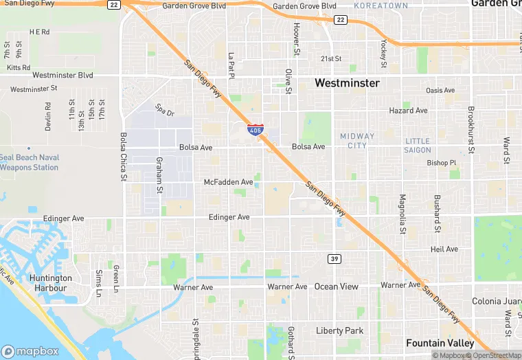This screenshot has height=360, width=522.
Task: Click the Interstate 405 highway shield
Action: click(x=255, y=128)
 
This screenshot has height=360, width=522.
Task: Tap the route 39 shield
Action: click(x=333, y=258)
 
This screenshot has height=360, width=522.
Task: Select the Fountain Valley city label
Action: click(x=440, y=343)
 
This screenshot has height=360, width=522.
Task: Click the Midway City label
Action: click(x=357, y=140)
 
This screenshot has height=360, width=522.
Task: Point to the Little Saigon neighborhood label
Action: click(x=418, y=145)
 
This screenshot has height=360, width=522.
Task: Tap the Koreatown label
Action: click(x=381, y=5)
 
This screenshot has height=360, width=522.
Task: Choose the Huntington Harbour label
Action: click(x=51, y=282)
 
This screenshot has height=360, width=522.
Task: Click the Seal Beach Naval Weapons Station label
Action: click(x=29, y=162)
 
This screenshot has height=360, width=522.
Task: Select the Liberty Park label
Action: click(x=339, y=330)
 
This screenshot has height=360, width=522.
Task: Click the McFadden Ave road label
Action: click(x=229, y=182)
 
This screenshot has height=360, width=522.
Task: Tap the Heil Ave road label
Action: click(x=444, y=249)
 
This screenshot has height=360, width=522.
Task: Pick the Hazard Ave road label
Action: click(x=408, y=111)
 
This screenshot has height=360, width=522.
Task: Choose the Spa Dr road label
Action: click(x=165, y=110)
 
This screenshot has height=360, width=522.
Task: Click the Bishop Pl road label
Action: click(x=441, y=163)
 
